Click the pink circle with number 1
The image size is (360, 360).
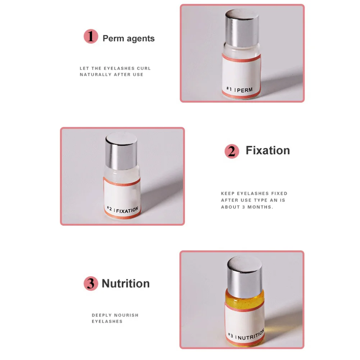pyautogui.click(x=91, y=36)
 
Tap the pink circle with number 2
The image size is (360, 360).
pyautogui.click(x=232, y=151)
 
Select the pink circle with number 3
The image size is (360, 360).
pyautogui.click(x=91, y=283)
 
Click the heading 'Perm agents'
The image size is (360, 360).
pyautogui.click(x=129, y=38)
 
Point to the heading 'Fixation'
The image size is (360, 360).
pyautogui.click(x=268, y=150)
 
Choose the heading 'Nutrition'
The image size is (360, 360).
pyautogui.click(x=126, y=283)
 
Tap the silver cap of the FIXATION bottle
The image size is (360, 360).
pyautogui.click(x=121, y=151)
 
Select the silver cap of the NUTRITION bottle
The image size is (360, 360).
pyautogui.click(x=245, y=274)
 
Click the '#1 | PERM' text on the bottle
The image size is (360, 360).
pyautogui.click(x=240, y=90)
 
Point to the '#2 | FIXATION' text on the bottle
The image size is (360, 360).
pyautogui.click(x=123, y=210)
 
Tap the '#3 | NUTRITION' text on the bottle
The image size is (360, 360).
pyautogui.click(x=246, y=336)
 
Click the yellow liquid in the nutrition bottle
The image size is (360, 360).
pyautogui.click(x=245, y=299)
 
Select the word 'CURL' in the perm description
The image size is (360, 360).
pyautogui.click(x=144, y=68)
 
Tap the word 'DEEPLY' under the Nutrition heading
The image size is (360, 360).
pyautogui.click(x=102, y=315)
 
